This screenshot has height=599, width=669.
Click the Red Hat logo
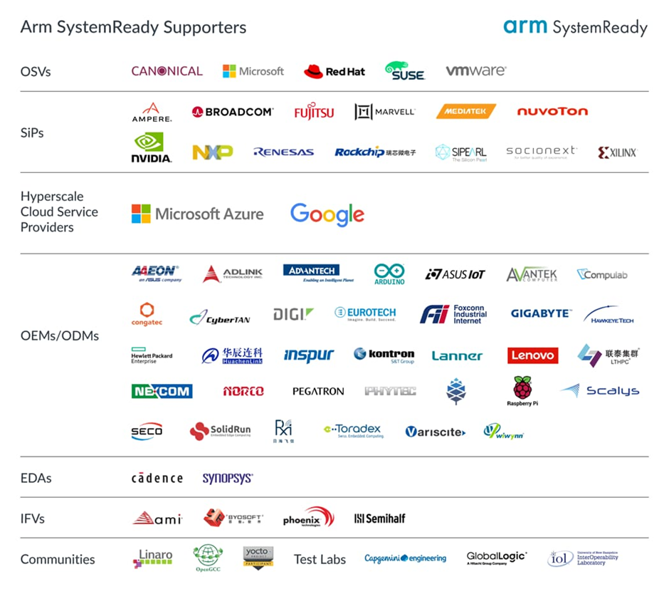334,71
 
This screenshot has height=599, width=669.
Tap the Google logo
327,214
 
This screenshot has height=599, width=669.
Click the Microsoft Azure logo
197,214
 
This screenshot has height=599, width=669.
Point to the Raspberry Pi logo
522,391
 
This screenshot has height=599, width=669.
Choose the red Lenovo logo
532,355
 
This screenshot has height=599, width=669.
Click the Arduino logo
389,274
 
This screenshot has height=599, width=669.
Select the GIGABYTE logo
541,313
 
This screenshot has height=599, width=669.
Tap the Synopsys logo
228,478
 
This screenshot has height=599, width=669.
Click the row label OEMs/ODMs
60,335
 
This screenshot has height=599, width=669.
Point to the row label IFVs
33,519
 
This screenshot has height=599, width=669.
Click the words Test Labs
320,559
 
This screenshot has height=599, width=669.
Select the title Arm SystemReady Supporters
133,28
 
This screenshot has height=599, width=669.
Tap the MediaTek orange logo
465,112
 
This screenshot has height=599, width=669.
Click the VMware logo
476,71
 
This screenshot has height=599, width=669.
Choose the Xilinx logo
617,152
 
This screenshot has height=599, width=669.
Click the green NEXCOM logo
162,391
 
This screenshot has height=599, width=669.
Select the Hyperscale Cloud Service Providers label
59,212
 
